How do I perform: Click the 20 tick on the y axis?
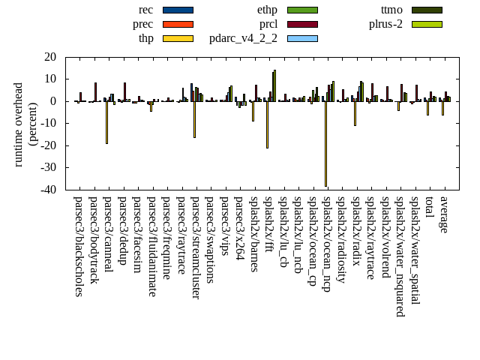[x=50, y=57]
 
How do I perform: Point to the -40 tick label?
[x=47, y=190]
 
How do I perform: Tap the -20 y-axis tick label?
[x=47, y=145]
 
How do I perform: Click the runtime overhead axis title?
[x=25, y=124]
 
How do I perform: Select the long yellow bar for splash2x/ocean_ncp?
[x=325, y=143]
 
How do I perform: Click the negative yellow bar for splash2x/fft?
[x=267, y=124]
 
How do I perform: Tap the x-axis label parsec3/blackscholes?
[x=78, y=246]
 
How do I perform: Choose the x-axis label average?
[x=443, y=214]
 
